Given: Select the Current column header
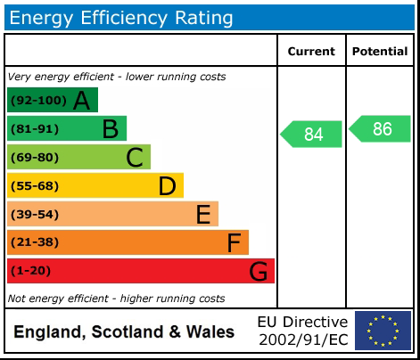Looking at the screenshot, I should pyautogui.click(x=311, y=52).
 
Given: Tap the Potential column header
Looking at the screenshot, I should pyautogui.click(x=380, y=52).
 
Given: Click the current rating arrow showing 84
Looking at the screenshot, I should pyautogui.click(x=312, y=135).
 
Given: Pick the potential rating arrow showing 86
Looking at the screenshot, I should pyautogui.click(x=381, y=129).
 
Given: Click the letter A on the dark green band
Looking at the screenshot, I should pyautogui.click(x=81, y=101).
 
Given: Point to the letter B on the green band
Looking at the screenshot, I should pyautogui.click(x=110, y=129).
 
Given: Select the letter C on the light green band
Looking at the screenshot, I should pyautogui.click(x=135, y=158).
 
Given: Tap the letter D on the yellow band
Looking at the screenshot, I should pyautogui.click(x=167, y=186).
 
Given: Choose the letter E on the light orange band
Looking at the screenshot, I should pyautogui.click(x=202, y=214).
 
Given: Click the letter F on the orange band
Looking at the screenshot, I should pyautogui.click(x=234, y=242).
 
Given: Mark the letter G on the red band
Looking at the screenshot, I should pyautogui.click(x=258, y=271).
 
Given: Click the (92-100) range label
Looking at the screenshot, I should pyautogui.click(x=37, y=101).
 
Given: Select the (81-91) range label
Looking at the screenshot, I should pyautogui.click(x=35, y=129).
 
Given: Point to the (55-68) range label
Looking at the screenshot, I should pyautogui.click(x=35, y=186).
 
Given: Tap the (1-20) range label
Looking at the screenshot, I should pyautogui.click(x=31, y=271).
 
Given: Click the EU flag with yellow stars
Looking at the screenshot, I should pyautogui.click(x=383, y=331).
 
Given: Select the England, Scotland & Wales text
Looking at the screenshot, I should pyautogui.click(x=124, y=332).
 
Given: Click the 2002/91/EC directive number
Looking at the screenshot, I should pyautogui.click(x=303, y=340).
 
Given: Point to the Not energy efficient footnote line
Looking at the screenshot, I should pyautogui.click(x=116, y=299).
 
